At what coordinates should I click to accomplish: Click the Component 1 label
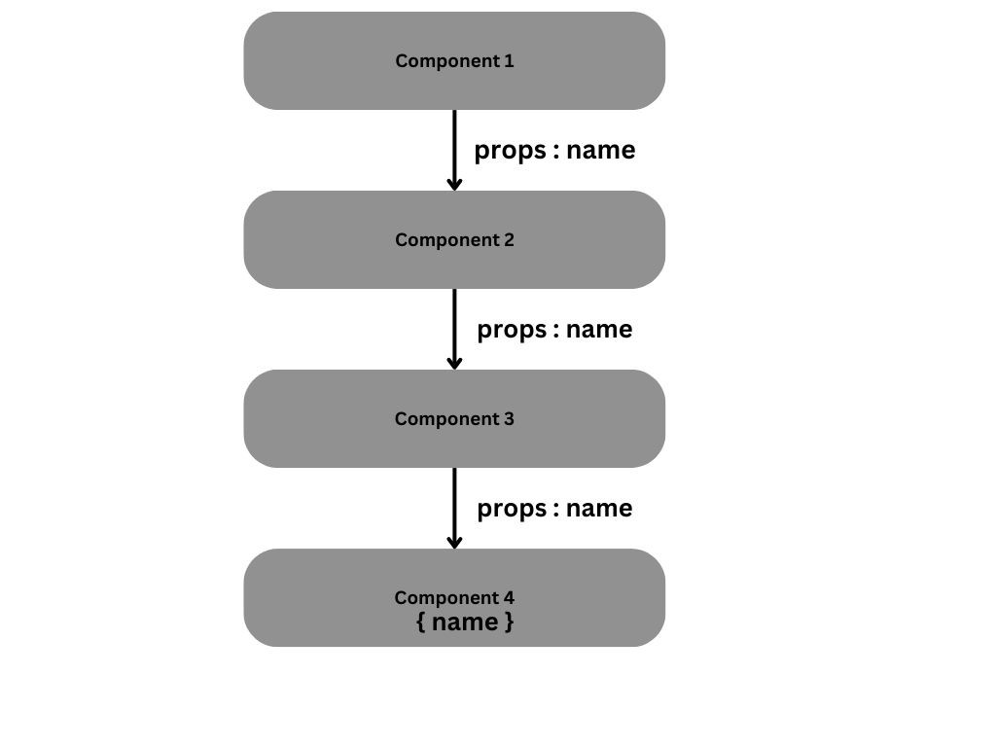(454, 60)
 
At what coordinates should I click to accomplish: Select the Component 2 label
(454, 239)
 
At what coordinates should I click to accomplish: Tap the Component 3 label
(454, 418)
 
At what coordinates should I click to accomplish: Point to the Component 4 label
(454, 597)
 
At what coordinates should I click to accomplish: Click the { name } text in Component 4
(465, 622)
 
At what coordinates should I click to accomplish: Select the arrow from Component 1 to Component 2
(454, 146)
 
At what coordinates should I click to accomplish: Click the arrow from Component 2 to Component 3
(454, 325)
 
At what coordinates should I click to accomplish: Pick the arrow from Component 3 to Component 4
(454, 504)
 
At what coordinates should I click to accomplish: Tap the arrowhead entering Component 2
(454, 183)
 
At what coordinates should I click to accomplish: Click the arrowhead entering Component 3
(454, 362)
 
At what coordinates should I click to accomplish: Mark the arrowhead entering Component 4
(454, 541)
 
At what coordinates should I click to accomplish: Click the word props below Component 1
(510, 152)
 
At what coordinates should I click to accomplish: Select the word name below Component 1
(600, 150)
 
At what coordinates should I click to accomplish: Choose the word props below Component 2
(512, 331)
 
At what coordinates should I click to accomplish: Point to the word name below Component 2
(599, 329)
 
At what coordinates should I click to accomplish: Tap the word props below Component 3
(512, 510)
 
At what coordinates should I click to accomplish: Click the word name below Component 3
(599, 508)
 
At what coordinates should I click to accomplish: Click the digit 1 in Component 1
(509, 60)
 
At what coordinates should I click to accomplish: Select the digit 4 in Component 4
(509, 597)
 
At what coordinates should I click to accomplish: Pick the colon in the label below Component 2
(556, 331)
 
